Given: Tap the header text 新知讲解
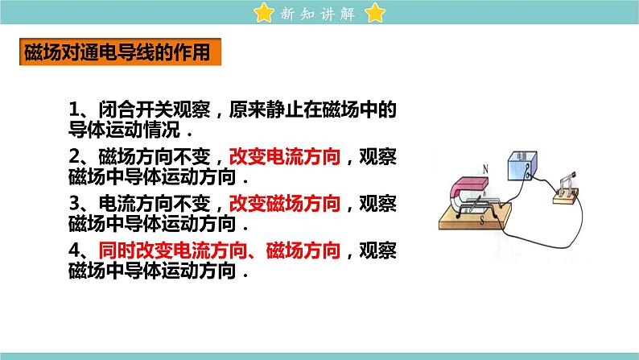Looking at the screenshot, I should click(319, 14).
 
